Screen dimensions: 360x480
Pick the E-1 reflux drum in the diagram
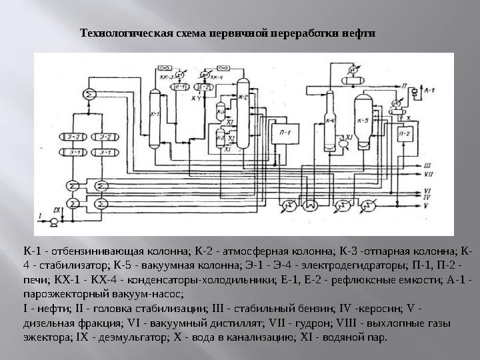(x=179, y=87)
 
